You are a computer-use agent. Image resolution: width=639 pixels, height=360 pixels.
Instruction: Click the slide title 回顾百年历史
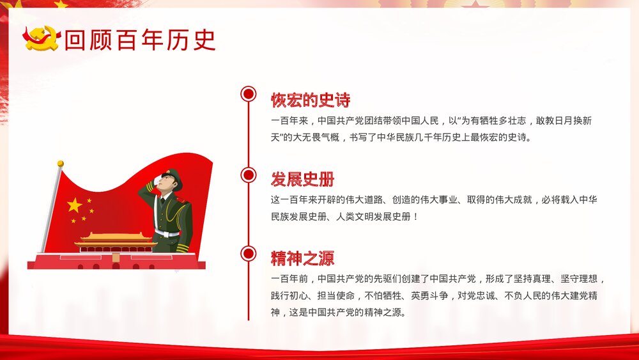[140, 40]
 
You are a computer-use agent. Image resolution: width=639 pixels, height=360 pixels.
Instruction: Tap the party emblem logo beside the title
[42, 38]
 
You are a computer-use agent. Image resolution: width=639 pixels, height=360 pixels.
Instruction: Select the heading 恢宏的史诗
[311, 100]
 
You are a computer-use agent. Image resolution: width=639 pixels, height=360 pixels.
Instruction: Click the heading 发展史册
[302, 179]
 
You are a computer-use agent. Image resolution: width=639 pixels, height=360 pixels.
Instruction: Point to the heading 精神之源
[302, 258]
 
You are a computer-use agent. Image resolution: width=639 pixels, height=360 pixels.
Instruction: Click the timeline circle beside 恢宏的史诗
[249, 95]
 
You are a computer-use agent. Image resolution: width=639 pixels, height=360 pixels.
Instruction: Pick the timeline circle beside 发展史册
[249, 175]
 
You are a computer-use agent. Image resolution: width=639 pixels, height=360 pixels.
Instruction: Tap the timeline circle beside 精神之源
[249, 254]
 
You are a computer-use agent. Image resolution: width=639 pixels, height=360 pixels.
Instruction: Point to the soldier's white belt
[168, 233]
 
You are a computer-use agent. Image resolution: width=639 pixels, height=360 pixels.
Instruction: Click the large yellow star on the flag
[75, 205]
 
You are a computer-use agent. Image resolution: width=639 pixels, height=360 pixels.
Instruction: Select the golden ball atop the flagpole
[61, 164]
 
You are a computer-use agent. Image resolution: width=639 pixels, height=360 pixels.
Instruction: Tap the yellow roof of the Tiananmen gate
[116, 237]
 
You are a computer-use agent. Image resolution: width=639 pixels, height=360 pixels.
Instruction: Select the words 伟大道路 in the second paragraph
[378, 200]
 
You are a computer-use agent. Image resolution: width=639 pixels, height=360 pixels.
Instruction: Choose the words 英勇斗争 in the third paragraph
[427, 295]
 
